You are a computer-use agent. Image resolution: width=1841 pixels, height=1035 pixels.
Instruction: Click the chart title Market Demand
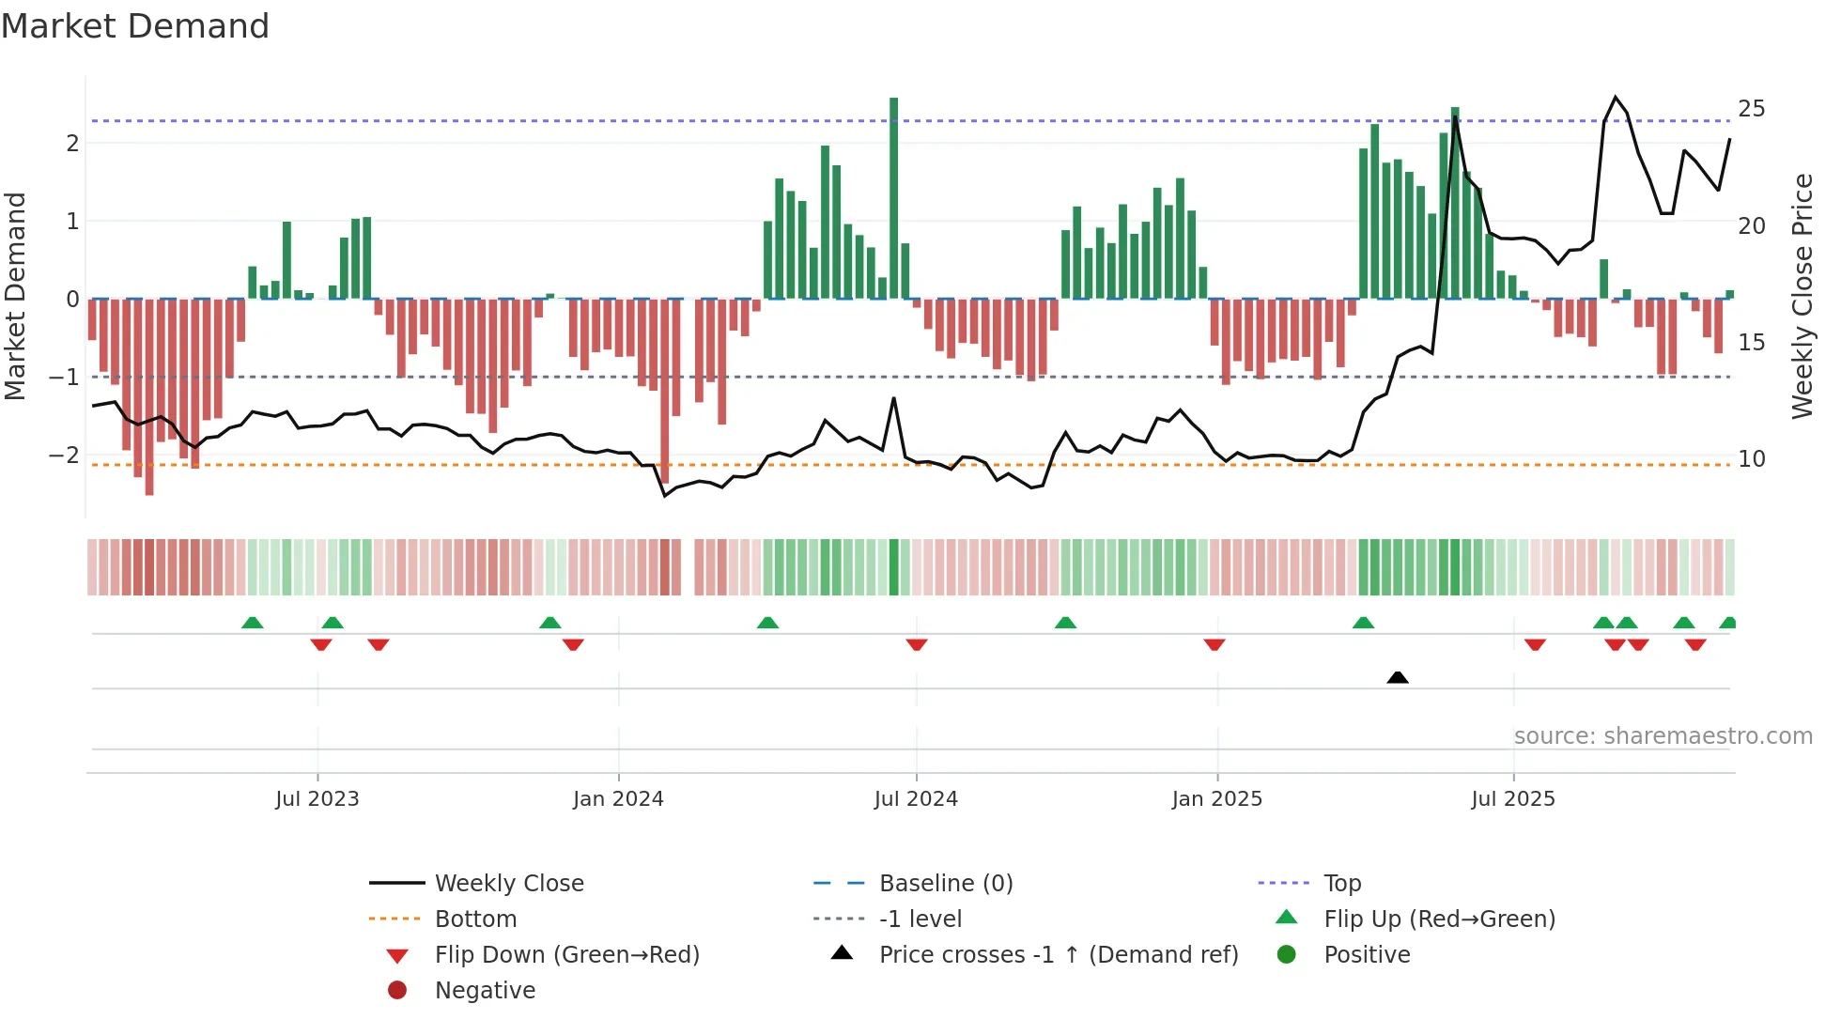pos(135,26)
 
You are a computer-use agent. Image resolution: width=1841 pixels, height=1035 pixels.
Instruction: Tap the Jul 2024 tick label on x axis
pos(916,799)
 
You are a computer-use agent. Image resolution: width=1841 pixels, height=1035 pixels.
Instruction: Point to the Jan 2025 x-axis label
pos(1216,799)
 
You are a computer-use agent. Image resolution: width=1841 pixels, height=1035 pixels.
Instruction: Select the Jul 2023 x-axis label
pos(317,799)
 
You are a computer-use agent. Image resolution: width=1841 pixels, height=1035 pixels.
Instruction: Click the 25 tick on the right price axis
pos(1751,109)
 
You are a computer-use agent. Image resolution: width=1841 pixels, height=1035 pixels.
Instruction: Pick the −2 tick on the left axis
pos(64,456)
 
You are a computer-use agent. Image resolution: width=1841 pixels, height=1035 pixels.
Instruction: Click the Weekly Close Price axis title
pos(1802,296)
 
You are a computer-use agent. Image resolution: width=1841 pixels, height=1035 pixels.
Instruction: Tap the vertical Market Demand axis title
pos(15,296)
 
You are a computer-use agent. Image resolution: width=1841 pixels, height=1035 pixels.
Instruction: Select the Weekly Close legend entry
pos(508,884)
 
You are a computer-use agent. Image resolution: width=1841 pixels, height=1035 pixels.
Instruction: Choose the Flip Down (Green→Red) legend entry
pos(566,955)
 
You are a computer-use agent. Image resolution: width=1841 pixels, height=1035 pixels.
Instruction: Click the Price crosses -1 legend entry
pos(1058,955)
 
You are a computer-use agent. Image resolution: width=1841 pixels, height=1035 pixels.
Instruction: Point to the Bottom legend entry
pos(475,919)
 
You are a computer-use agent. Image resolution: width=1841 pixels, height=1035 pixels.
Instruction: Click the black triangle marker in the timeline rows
pos(1398,677)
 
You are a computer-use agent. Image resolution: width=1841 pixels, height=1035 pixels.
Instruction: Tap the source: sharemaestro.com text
pos(1663,736)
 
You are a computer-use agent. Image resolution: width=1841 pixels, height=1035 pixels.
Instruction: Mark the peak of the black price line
pos(1616,97)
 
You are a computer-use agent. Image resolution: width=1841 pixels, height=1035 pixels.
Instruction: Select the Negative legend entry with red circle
pos(485,991)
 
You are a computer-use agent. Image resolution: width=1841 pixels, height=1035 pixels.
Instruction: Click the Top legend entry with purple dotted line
pos(1341,884)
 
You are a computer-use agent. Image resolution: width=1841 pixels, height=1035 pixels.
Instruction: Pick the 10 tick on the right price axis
pos(1751,459)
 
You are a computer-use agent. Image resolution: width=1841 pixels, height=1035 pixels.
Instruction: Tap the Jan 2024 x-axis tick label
pos(618,799)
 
